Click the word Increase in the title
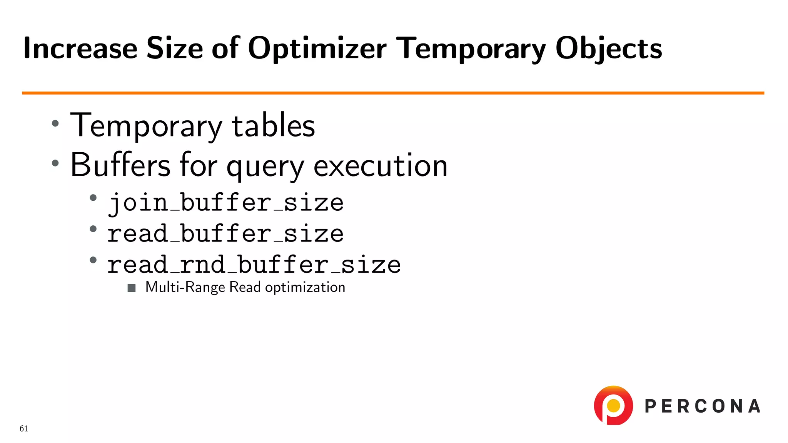[x=80, y=49]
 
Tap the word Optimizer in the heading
[x=317, y=49]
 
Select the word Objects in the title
[x=608, y=49]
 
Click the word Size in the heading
[x=175, y=49]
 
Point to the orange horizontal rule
[x=392, y=93]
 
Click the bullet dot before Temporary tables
[x=55, y=123]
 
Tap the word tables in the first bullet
[x=273, y=126]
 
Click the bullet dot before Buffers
[x=55, y=163]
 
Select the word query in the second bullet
[x=265, y=166]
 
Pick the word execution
[x=381, y=165]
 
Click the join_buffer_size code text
[x=225, y=203]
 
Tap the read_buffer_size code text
[x=225, y=234]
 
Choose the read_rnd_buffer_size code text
[x=254, y=265]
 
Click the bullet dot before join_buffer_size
[x=93, y=198]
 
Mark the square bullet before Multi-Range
[x=132, y=288]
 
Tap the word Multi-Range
[x=185, y=287]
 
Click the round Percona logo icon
[x=613, y=405]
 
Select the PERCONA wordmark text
[x=702, y=406]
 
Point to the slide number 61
[x=24, y=429]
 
